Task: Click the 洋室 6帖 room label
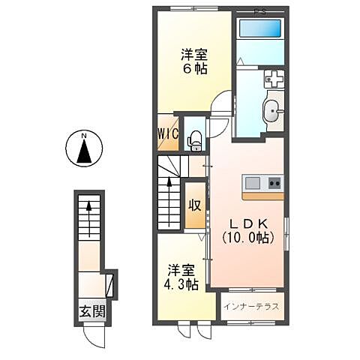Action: tap(193, 61)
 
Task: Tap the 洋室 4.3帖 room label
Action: tap(181, 277)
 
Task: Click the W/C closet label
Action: tap(166, 133)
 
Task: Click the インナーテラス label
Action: tap(251, 307)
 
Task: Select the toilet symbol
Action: tap(193, 138)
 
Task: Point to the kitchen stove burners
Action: tap(273, 182)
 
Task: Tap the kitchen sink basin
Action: tap(252, 182)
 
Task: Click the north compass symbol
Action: tap(85, 148)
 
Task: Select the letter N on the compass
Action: tap(85, 136)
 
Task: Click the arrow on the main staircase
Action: tap(169, 184)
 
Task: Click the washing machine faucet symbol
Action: tap(273, 79)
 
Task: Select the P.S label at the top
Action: tap(259, 10)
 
